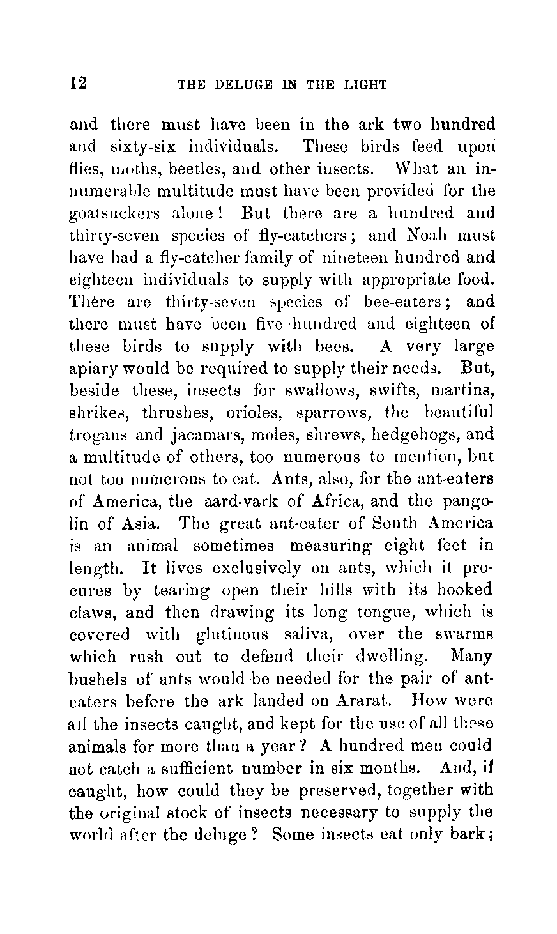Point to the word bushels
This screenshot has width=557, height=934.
tap(96, 678)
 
